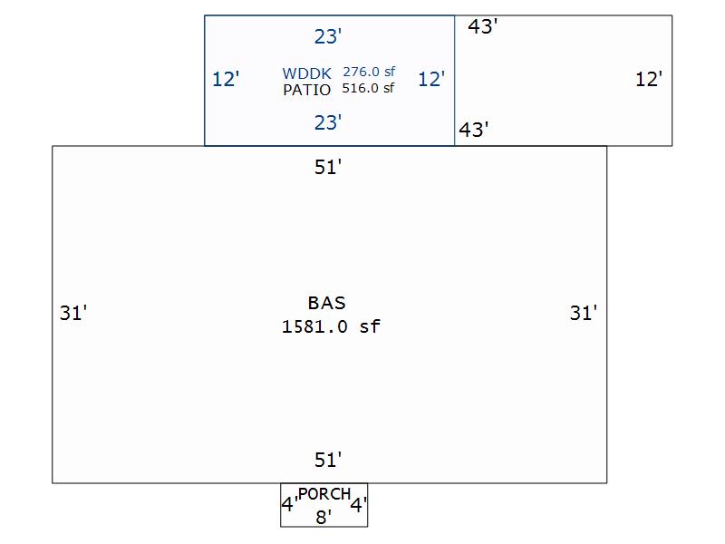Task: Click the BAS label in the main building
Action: click(x=326, y=303)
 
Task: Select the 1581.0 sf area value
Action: click(x=331, y=326)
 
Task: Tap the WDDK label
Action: click(x=307, y=73)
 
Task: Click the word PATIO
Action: click(x=307, y=90)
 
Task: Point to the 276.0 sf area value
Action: click(x=369, y=72)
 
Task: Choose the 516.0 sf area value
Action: click(x=369, y=88)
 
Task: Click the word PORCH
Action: click(x=324, y=494)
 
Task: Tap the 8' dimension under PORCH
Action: click(x=324, y=517)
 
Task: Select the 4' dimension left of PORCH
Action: click(x=288, y=505)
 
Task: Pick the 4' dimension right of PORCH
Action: click(x=359, y=505)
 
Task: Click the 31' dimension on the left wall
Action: click(x=73, y=313)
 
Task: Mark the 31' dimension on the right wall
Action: click(x=584, y=313)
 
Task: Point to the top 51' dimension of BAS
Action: click(x=327, y=167)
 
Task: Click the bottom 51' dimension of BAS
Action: click(x=327, y=460)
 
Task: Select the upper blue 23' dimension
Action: click(x=327, y=36)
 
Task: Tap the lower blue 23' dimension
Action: click(x=327, y=121)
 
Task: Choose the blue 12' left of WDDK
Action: click(x=226, y=79)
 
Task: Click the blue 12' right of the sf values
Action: click(x=431, y=79)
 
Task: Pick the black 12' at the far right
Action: click(x=649, y=79)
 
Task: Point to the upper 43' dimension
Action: click(x=483, y=26)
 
